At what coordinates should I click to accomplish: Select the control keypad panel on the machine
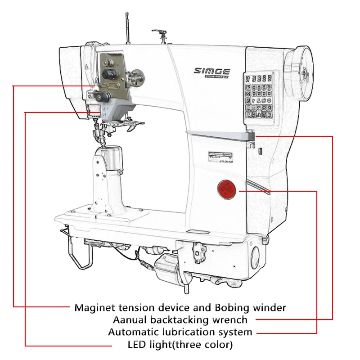pos(261,96)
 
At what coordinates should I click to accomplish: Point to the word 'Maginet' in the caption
pos(94,308)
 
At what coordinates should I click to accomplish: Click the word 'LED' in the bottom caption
pos(138,345)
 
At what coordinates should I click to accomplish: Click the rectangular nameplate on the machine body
pos(220,155)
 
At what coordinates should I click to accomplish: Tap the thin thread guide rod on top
pos(127,27)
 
